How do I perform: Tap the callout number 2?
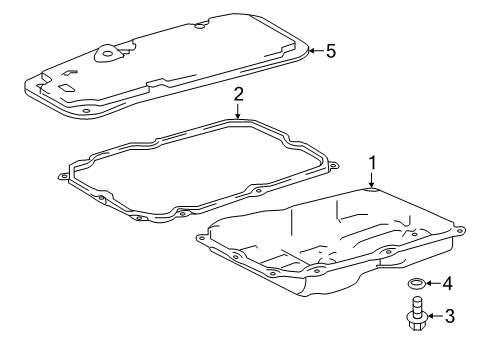click(x=239, y=95)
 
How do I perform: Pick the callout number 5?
click(x=331, y=49)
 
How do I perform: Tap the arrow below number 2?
click(x=239, y=113)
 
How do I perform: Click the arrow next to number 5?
click(x=314, y=49)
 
